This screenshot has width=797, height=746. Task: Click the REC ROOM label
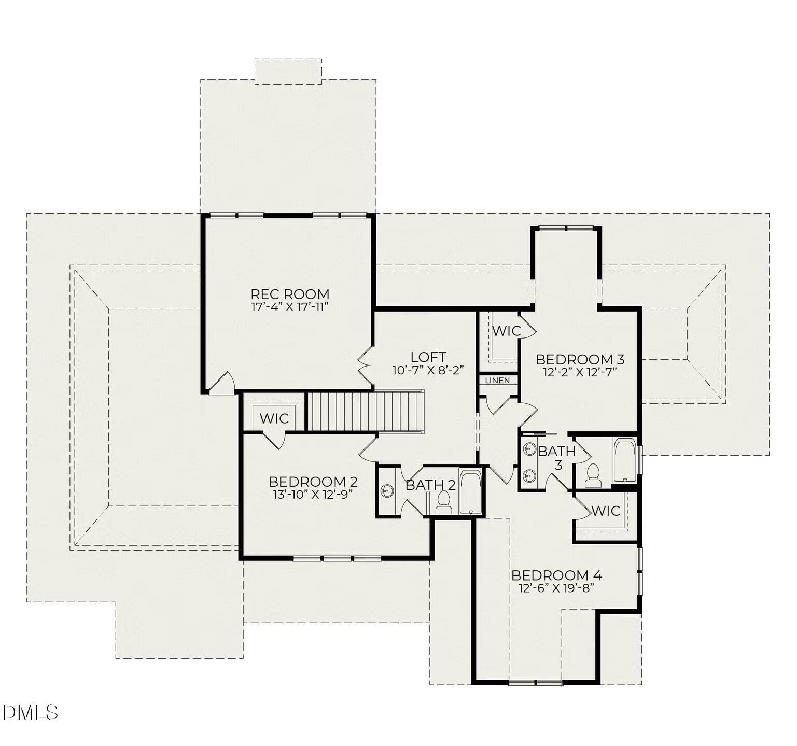290,294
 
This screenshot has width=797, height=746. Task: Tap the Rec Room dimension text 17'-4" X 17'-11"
290,307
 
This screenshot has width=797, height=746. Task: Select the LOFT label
428,357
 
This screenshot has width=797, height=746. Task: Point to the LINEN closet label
498,381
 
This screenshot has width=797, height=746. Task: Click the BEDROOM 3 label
580,359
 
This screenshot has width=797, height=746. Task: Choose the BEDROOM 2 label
313,482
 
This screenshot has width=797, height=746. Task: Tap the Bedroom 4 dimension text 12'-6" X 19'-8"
556,588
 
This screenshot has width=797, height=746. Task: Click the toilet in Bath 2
443,502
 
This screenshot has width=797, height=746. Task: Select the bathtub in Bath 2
470,492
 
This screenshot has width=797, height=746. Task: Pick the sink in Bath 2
387,490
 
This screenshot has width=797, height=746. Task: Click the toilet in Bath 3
593,475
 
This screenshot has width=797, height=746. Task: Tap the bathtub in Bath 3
624,460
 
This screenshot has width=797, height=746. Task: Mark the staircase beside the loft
366,412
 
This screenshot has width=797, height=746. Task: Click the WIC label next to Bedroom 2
274,418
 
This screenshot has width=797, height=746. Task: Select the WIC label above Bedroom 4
606,511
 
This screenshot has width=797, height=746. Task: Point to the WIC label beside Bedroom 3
506,331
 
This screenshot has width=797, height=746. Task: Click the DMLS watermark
30,712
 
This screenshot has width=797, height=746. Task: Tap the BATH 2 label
430,485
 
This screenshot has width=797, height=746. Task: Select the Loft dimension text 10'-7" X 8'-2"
428,370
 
